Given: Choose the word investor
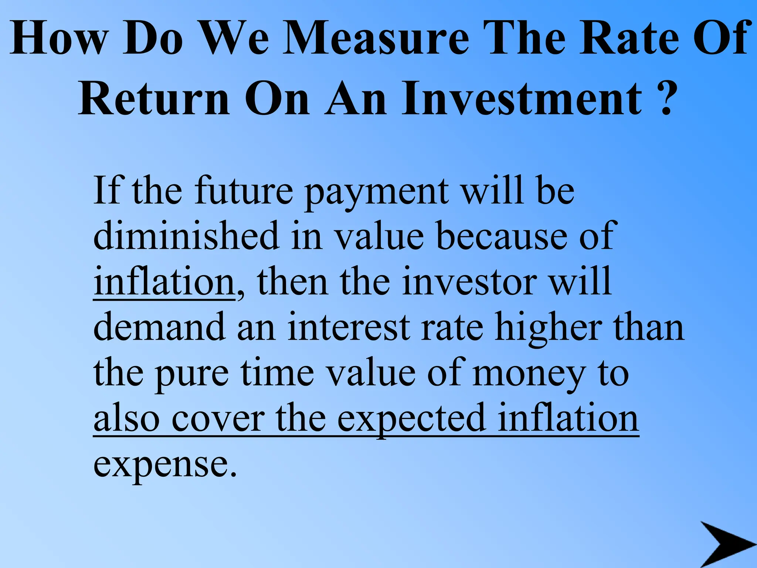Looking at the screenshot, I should coord(469,282).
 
